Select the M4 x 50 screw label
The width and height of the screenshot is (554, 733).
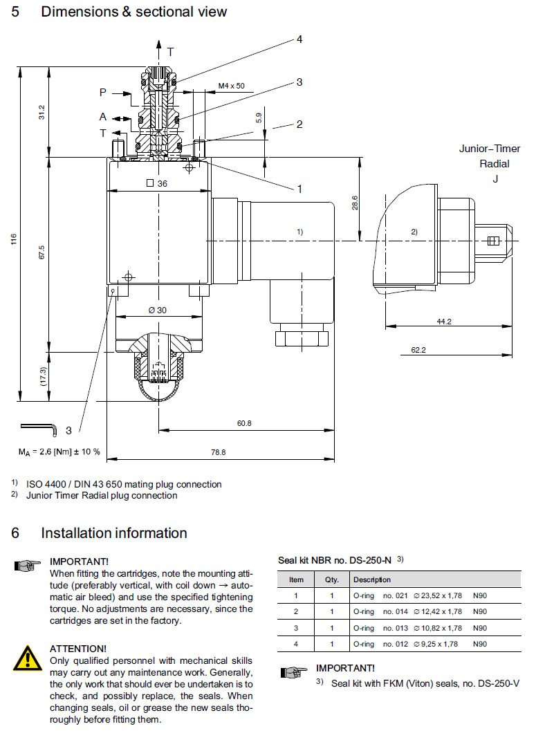point(231,86)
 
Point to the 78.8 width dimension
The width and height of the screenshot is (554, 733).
point(218,452)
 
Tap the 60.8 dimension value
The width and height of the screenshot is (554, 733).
point(244,423)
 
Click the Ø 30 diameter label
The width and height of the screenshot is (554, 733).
point(158,310)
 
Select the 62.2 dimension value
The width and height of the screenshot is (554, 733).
point(418,350)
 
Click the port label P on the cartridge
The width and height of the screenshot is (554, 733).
point(102,92)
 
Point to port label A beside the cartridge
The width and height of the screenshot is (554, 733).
point(102,117)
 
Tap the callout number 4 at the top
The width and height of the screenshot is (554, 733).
point(299,39)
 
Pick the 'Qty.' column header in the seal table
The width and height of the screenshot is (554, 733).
point(332,579)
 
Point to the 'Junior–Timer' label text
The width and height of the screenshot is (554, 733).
point(490,149)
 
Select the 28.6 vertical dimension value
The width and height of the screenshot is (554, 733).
point(355,203)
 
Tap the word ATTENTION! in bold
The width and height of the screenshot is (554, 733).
point(78,649)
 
